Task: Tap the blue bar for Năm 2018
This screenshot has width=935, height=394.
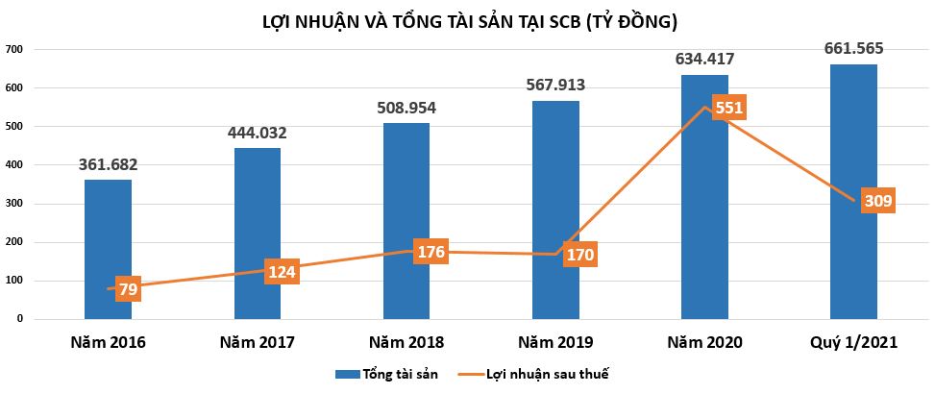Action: click(x=406, y=211)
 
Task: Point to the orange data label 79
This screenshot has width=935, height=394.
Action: click(x=127, y=289)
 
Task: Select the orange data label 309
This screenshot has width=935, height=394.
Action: click(x=877, y=202)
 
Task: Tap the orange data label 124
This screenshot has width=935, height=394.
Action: click(x=283, y=272)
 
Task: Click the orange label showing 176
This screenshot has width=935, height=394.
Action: click(x=431, y=252)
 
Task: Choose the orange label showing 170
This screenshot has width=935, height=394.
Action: click(x=580, y=256)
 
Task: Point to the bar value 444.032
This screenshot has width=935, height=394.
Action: click(x=258, y=133)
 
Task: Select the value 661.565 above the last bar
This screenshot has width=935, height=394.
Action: click(x=853, y=49)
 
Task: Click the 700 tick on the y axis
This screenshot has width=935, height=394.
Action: click(x=13, y=49)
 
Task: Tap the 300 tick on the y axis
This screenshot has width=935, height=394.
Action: click(x=13, y=204)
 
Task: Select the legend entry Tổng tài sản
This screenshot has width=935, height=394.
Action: click(x=388, y=374)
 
